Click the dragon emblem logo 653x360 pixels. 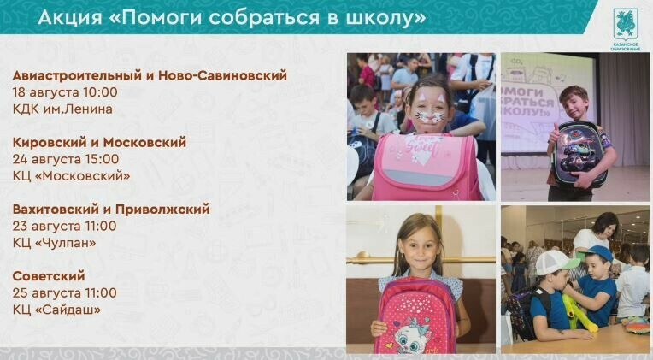[626, 24]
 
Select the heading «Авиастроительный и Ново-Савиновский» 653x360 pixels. [150, 75]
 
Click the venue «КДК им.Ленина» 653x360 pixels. [62, 109]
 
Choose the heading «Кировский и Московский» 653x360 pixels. [99, 143]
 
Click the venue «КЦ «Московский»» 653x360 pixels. [71, 176]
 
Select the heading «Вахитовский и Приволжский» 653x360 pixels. [111, 210]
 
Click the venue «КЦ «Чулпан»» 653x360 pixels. [54, 243]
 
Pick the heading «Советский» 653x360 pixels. [49, 276]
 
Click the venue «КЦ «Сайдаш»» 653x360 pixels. [56, 310]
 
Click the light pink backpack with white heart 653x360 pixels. [426, 167]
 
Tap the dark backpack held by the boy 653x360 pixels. [579, 155]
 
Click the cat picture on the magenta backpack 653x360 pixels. [411, 335]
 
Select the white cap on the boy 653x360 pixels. [556, 262]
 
